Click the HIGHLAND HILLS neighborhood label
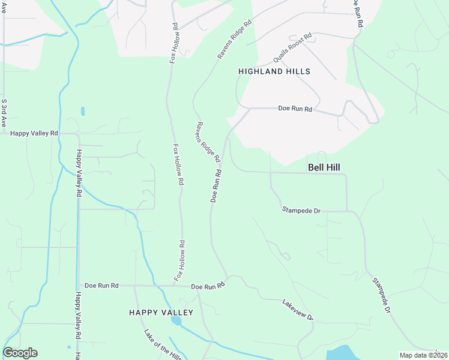274,71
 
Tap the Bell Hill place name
325,168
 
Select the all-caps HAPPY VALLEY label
161,313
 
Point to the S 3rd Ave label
4,112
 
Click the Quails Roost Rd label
292,48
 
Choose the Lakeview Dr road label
298,309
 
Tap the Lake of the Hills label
162,344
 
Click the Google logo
20,353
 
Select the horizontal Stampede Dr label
302,209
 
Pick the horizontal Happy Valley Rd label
34,133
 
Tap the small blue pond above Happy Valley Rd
82,111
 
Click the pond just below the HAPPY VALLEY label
176,321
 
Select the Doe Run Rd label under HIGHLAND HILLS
295,109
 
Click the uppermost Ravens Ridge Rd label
235,41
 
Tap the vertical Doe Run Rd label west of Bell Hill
216,185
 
